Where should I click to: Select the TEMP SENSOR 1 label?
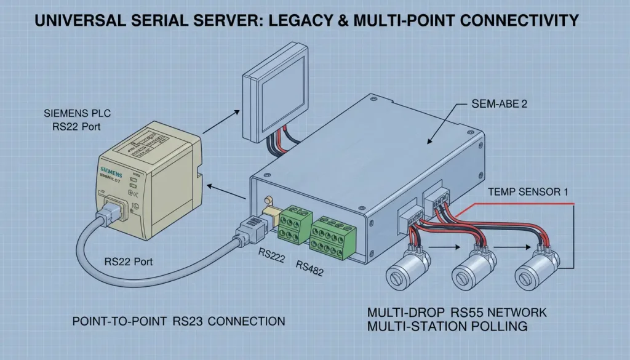[x=527, y=192]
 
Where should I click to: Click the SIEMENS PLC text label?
[x=73, y=114]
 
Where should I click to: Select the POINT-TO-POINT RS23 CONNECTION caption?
[x=178, y=321]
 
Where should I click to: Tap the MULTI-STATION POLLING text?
[x=447, y=326]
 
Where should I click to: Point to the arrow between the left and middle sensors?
[x=444, y=249]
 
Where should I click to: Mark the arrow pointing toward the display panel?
[x=220, y=121]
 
